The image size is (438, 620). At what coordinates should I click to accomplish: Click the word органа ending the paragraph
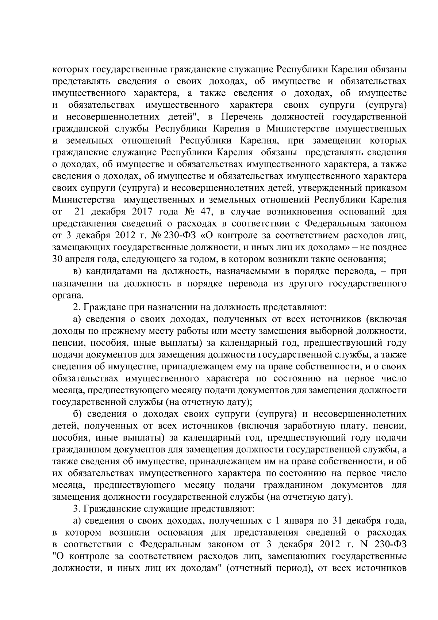[x=66, y=295]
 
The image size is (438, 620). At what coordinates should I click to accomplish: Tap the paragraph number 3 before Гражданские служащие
[x=76, y=508]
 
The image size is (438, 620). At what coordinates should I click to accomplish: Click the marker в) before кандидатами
[x=77, y=271]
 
